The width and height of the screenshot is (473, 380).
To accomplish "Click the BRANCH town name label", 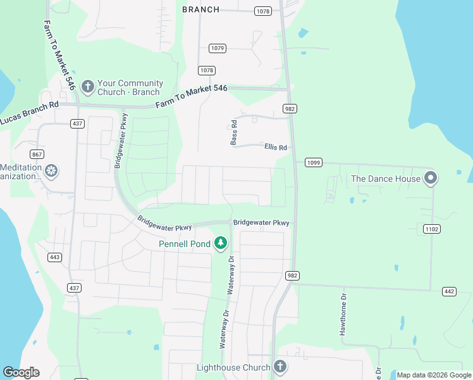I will [x=201, y=9].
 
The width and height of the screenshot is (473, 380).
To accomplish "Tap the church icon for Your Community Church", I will [x=87, y=85].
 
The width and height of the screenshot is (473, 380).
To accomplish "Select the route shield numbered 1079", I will [x=218, y=48].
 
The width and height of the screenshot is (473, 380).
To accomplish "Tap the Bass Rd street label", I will [x=234, y=132].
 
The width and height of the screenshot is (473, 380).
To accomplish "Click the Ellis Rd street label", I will [x=276, y=148].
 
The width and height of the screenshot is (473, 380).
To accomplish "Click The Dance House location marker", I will [x=431, y=178].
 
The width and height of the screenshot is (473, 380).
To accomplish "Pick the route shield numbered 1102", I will [x=432, y=229].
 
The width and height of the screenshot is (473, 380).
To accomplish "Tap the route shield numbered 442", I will [x=449, y=291].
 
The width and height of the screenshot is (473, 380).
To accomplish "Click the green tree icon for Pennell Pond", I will [x=221, y=243].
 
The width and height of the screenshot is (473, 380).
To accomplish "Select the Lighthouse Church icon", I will [x=280, y=367].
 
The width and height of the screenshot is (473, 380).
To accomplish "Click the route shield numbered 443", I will [x=55, y=256].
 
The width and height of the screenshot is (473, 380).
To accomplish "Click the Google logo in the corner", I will [x=21, y=372].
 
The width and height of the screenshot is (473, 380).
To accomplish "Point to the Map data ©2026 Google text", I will [x=433, y=375].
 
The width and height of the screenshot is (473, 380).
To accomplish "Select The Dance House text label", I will [x=386, y=179].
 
